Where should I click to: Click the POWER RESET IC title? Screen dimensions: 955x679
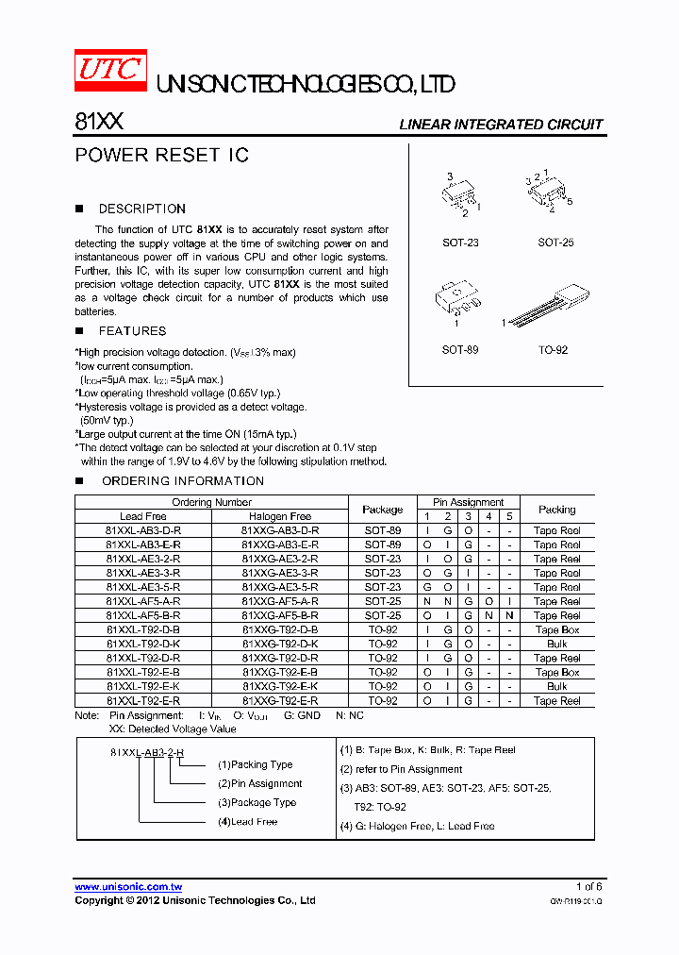pos(161,156)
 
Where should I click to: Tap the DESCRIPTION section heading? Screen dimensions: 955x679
pos(141,209)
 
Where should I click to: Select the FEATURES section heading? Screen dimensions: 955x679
pos(132,331)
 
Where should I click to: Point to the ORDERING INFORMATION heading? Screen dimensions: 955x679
pos(182,481)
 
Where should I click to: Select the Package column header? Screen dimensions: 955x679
pos(383,510)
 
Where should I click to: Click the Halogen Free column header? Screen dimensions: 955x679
pos(280,516)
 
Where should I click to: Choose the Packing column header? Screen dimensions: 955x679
pos(556,510)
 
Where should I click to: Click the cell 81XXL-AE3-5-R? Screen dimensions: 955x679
pos(143,587)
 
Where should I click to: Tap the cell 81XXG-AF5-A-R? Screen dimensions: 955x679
pos(280,601)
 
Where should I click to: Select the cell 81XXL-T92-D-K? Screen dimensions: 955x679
pos(143,644)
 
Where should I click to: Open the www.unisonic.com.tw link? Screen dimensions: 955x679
pos(128,887)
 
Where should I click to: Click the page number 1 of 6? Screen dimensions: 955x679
pos(588,887)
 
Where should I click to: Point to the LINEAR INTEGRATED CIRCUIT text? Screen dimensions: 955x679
pos(501,125)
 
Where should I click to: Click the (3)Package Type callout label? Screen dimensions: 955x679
pos(257,803)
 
